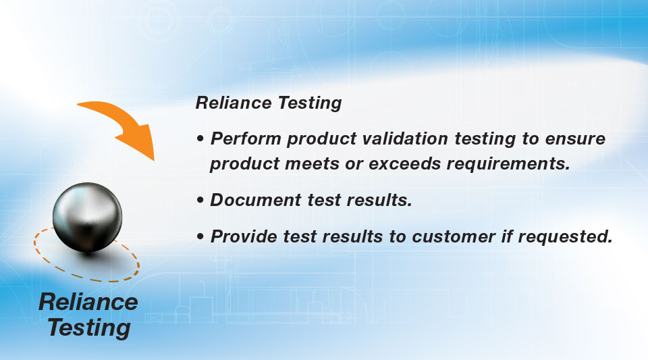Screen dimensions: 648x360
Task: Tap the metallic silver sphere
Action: click(x=87, y=217)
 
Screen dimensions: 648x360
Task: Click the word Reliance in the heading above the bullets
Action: click(x=234, y=103)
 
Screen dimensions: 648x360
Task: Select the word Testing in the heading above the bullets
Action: click(x=310, y=103)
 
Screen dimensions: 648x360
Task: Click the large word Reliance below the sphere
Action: click(x=88, y=302)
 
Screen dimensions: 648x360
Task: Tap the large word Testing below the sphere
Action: click(x=89, y=328)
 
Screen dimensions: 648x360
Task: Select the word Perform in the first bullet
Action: click(x=246, y=139)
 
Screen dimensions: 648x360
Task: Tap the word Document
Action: click(x=256, y=200)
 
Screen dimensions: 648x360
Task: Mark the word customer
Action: click(x=454, y=237)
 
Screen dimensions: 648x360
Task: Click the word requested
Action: click(x=565, y=237)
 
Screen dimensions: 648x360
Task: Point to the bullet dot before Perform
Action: click(x=200, y=139)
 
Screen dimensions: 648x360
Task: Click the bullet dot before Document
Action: click(x=200, y=200)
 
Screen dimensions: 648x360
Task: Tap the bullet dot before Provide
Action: click(x=200, y=237)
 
